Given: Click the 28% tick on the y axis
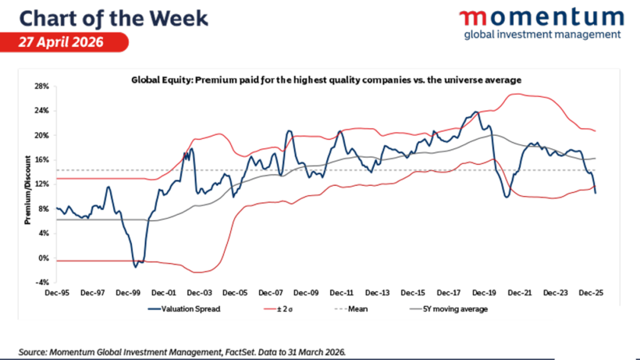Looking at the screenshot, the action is (42, 87).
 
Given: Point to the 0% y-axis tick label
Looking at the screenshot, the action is (44, 258).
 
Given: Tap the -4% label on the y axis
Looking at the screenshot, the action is (42, 283).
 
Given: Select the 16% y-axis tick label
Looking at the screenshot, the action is (42, 160).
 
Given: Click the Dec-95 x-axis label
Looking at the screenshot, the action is (57, 293).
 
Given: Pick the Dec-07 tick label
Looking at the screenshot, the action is (271, 293).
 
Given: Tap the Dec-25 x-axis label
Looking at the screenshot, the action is (591, 293).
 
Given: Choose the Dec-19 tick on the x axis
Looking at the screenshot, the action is (484, 293).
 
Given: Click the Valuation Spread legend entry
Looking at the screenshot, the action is (184, 309).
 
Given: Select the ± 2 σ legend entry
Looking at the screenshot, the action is (279, 309).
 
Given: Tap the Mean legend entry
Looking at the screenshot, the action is (351, 309).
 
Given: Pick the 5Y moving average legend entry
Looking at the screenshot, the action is (449, 309).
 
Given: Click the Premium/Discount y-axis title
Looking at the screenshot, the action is (28, 190).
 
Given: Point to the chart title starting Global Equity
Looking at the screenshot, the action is (326, 80).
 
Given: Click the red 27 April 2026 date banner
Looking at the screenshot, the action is (64, 42).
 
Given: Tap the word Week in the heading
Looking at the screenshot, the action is (179, 19).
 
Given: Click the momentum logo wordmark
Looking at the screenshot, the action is (542, 18).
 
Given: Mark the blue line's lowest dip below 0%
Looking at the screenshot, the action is (136, 267).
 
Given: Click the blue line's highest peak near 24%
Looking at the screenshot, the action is (475, 112).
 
